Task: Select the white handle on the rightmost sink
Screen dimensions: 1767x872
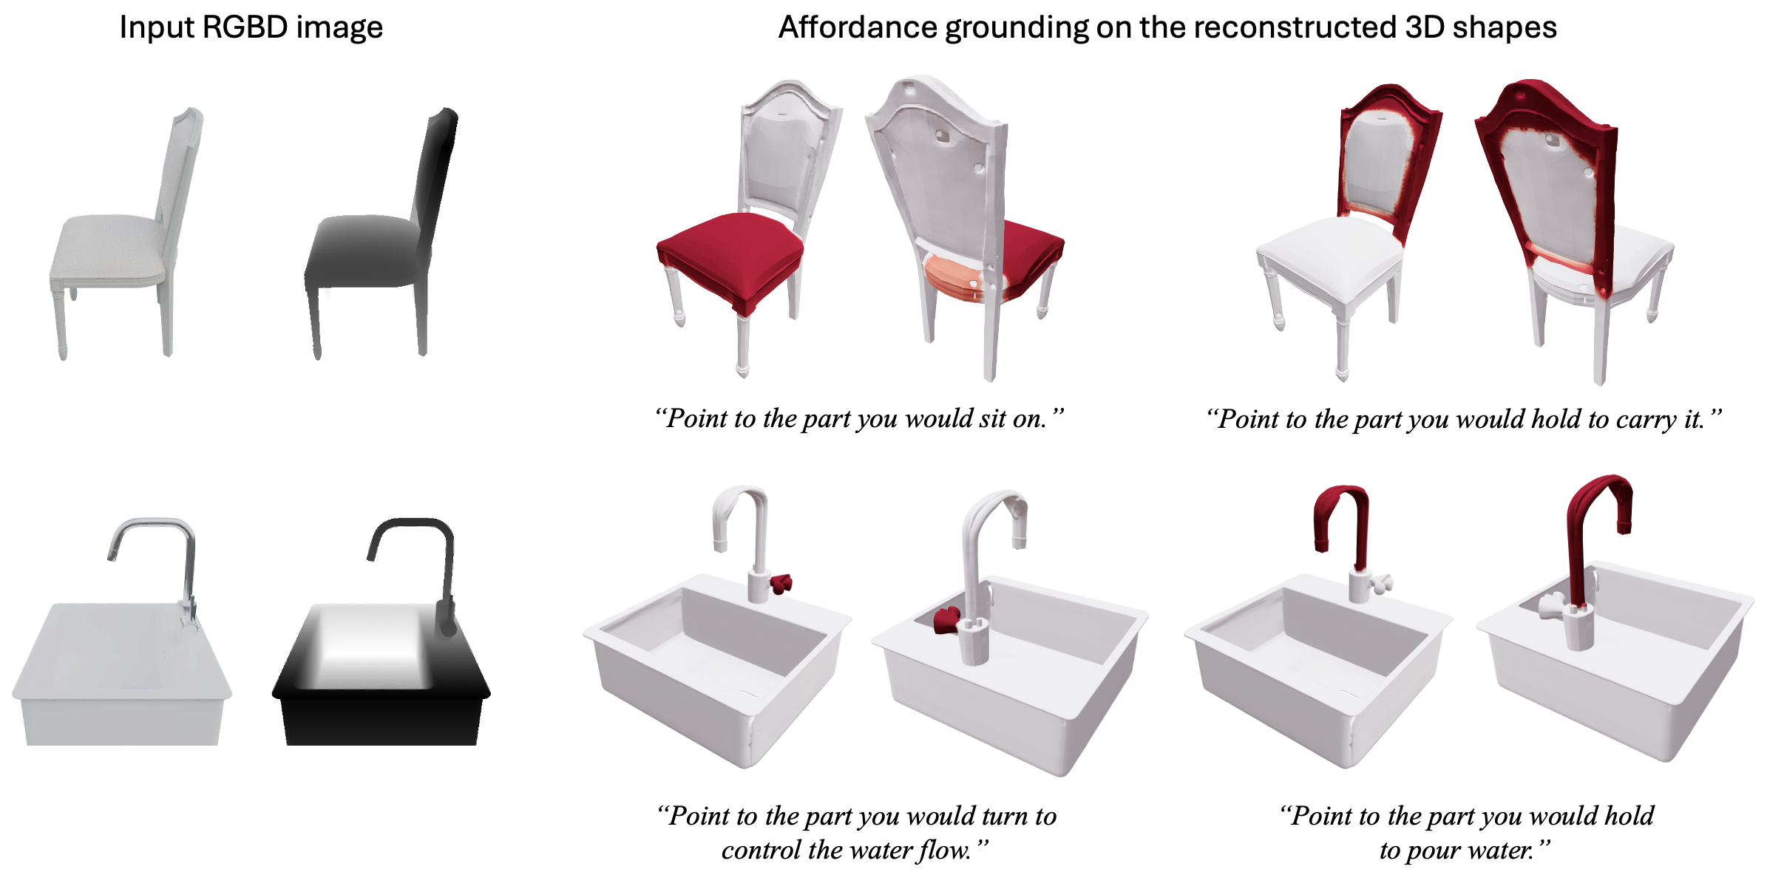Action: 1552,606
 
